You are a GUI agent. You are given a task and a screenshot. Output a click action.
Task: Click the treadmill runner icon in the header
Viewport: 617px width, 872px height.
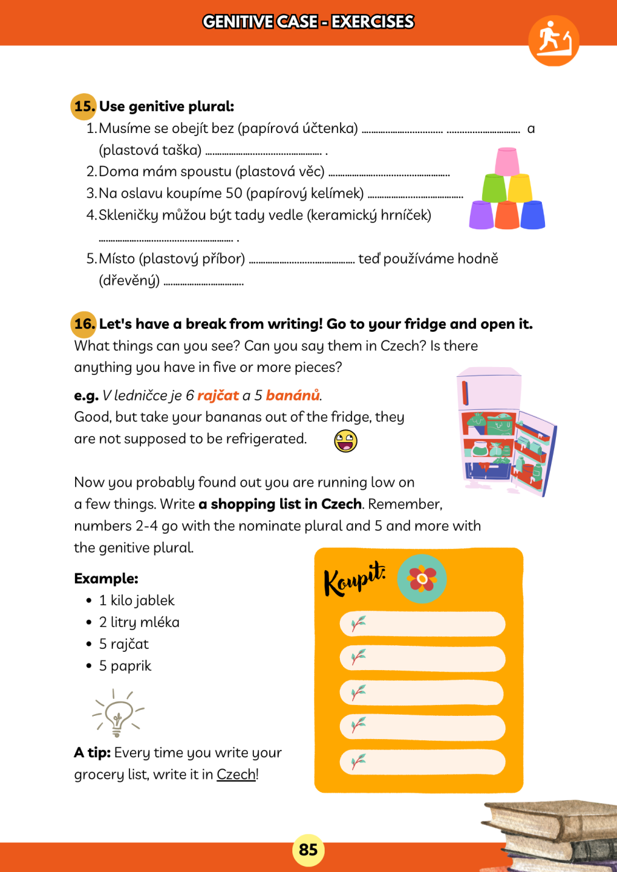tap(554, 41)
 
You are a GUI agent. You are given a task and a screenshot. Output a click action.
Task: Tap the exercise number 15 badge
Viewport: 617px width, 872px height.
tap(84, 106)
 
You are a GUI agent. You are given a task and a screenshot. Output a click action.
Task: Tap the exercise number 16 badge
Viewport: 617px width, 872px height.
tap(84, 324)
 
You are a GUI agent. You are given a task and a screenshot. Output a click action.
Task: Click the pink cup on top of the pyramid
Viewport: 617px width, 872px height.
tap(507, 161)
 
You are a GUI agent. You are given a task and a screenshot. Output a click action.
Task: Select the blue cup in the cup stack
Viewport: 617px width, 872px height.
tap(532, 215)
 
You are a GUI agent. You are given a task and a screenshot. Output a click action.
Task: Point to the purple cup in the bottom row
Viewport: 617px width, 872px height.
tap(482, 215)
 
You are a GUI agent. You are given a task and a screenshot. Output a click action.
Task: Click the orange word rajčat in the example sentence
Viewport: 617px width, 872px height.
tap(218, 395)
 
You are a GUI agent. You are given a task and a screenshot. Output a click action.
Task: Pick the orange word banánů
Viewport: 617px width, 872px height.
tap(292, 395)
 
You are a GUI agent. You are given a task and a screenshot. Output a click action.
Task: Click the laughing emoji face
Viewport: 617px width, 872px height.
tap(345, 440)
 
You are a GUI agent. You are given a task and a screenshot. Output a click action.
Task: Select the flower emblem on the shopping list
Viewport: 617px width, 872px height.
tap(422, 579)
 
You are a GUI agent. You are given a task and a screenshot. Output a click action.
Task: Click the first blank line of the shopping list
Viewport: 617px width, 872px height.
tap(422, 624)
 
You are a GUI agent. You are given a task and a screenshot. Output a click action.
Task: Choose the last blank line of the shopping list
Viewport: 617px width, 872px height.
tap(422, 762)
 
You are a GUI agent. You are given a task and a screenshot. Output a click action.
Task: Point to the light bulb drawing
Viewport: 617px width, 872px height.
tap(118, 713)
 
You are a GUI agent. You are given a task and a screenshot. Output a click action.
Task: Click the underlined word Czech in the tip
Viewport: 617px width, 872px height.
tap(236, 774)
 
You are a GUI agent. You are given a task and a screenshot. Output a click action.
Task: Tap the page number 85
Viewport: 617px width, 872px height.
tap(308, 849)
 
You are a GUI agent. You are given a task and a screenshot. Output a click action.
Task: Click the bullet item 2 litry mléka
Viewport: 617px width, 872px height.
tap(139, 622)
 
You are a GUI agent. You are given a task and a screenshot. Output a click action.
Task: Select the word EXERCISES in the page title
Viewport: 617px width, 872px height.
tap(372, 22)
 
